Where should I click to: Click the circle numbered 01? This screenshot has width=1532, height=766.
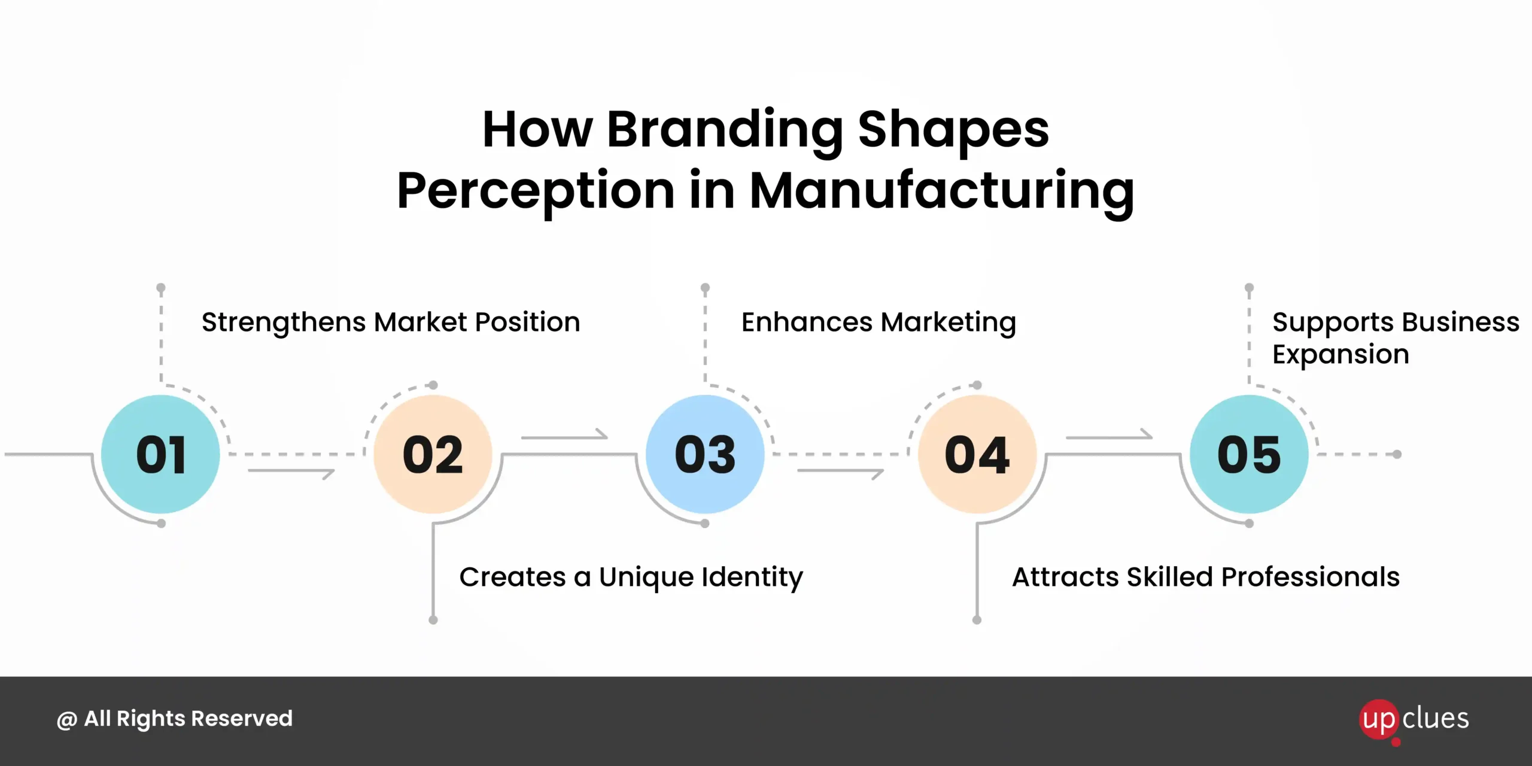coord(160,454)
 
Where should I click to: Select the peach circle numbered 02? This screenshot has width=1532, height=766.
coord(433,454)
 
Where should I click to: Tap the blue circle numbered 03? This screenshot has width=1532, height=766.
coord(705,454)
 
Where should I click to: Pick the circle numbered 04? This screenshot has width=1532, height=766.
coord(977,454)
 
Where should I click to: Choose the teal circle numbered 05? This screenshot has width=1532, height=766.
coord(1249,454)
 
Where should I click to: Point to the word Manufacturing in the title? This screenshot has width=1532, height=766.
coord(941,193)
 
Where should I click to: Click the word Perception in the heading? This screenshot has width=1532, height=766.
coord(536,193)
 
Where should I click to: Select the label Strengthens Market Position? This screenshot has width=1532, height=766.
coord(391,323)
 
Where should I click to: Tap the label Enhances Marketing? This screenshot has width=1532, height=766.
coord(879,323)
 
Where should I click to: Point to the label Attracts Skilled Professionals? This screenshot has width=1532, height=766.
coord(1206,577)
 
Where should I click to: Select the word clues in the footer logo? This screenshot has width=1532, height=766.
coord(1436,718)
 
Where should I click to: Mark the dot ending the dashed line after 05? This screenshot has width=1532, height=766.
coord(1397,454)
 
